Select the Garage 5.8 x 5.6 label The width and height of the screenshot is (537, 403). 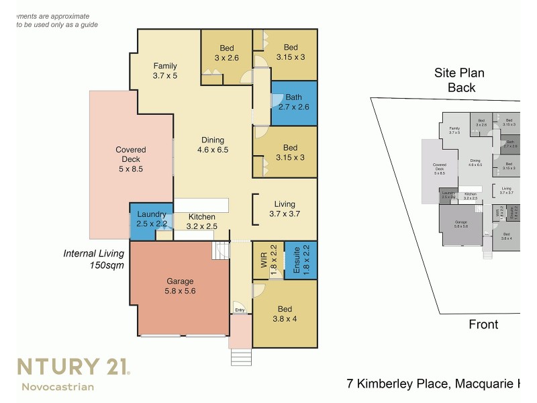tap(179, 286)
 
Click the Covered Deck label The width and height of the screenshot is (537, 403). tap(130, 159)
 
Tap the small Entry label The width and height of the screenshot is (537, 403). tap(240, 310)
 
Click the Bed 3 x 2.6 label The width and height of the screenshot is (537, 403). tap(226, 53)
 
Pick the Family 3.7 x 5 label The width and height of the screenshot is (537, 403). tap(164, 71)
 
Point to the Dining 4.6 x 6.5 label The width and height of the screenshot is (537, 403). tap(213, 145)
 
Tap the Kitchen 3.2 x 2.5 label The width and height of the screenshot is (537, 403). tap(201, 222)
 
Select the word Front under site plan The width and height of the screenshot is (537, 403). tap(483, 324)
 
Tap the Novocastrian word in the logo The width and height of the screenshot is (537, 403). tap(58, 386)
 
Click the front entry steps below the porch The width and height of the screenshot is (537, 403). tap(240, 357)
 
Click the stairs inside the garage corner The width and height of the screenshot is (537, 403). tap(221, 252)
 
